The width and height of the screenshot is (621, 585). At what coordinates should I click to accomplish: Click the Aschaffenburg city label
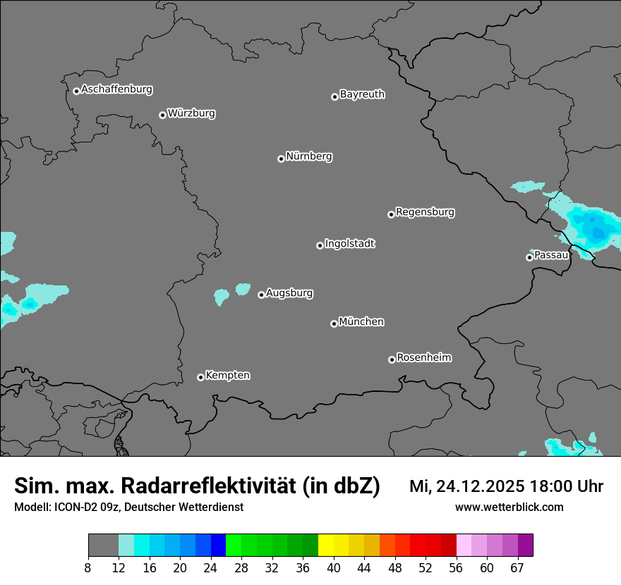116,90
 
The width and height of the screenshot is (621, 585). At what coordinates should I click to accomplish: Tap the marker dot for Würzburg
162,115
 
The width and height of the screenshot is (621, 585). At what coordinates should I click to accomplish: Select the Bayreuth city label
362,94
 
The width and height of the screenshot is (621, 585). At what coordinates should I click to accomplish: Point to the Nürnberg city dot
281,159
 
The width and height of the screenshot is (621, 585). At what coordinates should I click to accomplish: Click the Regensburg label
425,212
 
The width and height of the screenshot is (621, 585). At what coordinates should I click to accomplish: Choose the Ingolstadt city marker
320,245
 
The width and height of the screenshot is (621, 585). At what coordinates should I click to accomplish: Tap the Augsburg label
289,293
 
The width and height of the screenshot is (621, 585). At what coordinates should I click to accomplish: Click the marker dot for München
334,324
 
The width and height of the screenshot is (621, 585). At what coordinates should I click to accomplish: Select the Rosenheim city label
423,358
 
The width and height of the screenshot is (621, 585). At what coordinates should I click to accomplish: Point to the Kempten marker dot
200,377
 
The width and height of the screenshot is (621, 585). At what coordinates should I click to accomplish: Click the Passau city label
551,255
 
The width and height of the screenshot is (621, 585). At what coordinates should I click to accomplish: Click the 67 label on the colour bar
518,568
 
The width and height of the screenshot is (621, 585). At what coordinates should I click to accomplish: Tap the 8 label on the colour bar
88,568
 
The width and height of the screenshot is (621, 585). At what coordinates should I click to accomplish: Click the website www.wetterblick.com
509,507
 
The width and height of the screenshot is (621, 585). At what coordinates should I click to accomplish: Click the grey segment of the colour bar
103,546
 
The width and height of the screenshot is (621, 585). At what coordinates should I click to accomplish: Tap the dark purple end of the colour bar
525,546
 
